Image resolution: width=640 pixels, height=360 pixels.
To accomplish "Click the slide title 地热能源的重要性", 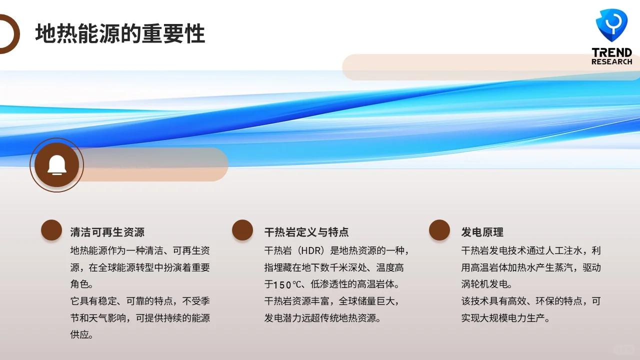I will (x=120, y=34).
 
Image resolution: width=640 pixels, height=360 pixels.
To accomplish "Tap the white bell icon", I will (x=56, y=164).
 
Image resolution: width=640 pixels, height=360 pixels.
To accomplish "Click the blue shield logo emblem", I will (x=611, y=25).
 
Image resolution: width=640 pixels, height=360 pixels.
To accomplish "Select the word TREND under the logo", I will (x=611, y=52).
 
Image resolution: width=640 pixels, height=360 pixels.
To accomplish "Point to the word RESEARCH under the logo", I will (x=611, y=62).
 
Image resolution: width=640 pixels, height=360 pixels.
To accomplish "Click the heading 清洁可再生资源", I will (x=107, y=232).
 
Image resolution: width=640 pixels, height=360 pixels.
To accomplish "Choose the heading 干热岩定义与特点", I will (x=306, y=232).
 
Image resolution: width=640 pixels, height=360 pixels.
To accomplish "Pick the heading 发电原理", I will (x=482, y=232).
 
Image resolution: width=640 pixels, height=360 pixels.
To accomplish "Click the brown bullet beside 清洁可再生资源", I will (x=51, y=230).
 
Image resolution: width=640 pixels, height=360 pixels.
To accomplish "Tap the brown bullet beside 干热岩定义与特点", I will (x=242, y=230).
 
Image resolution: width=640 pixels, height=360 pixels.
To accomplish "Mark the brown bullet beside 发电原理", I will (x=439, y=230).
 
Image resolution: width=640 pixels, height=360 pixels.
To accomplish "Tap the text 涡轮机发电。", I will (x=486, y=284).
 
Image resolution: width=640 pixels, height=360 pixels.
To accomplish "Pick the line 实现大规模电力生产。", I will (x=505, y=318).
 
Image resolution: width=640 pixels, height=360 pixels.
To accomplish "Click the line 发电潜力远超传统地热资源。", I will (x=322, y=318).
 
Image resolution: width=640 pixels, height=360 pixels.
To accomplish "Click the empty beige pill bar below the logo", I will (x=490, y=67).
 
